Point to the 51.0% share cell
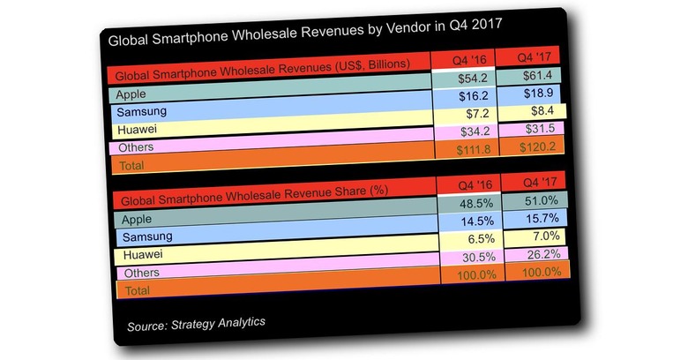(537, 199)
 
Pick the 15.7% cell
(537, 218)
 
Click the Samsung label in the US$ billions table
(142, 112)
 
